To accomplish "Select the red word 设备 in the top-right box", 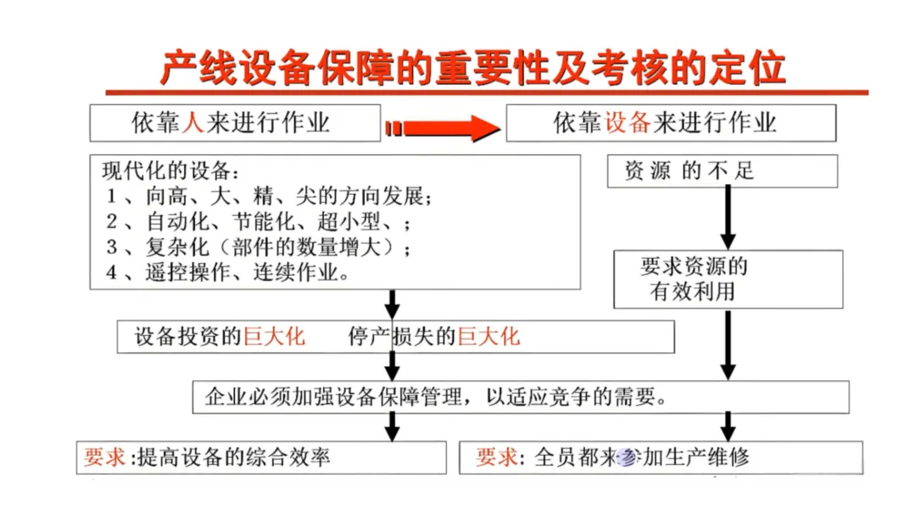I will pos(627,124).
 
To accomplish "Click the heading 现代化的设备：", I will pos(170,171).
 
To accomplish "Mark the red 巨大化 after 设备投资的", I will pos(274,337).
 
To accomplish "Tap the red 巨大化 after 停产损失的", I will pos(489,337).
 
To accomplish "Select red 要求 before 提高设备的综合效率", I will pos(104,458).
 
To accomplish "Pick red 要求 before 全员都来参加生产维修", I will pos(497,458).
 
